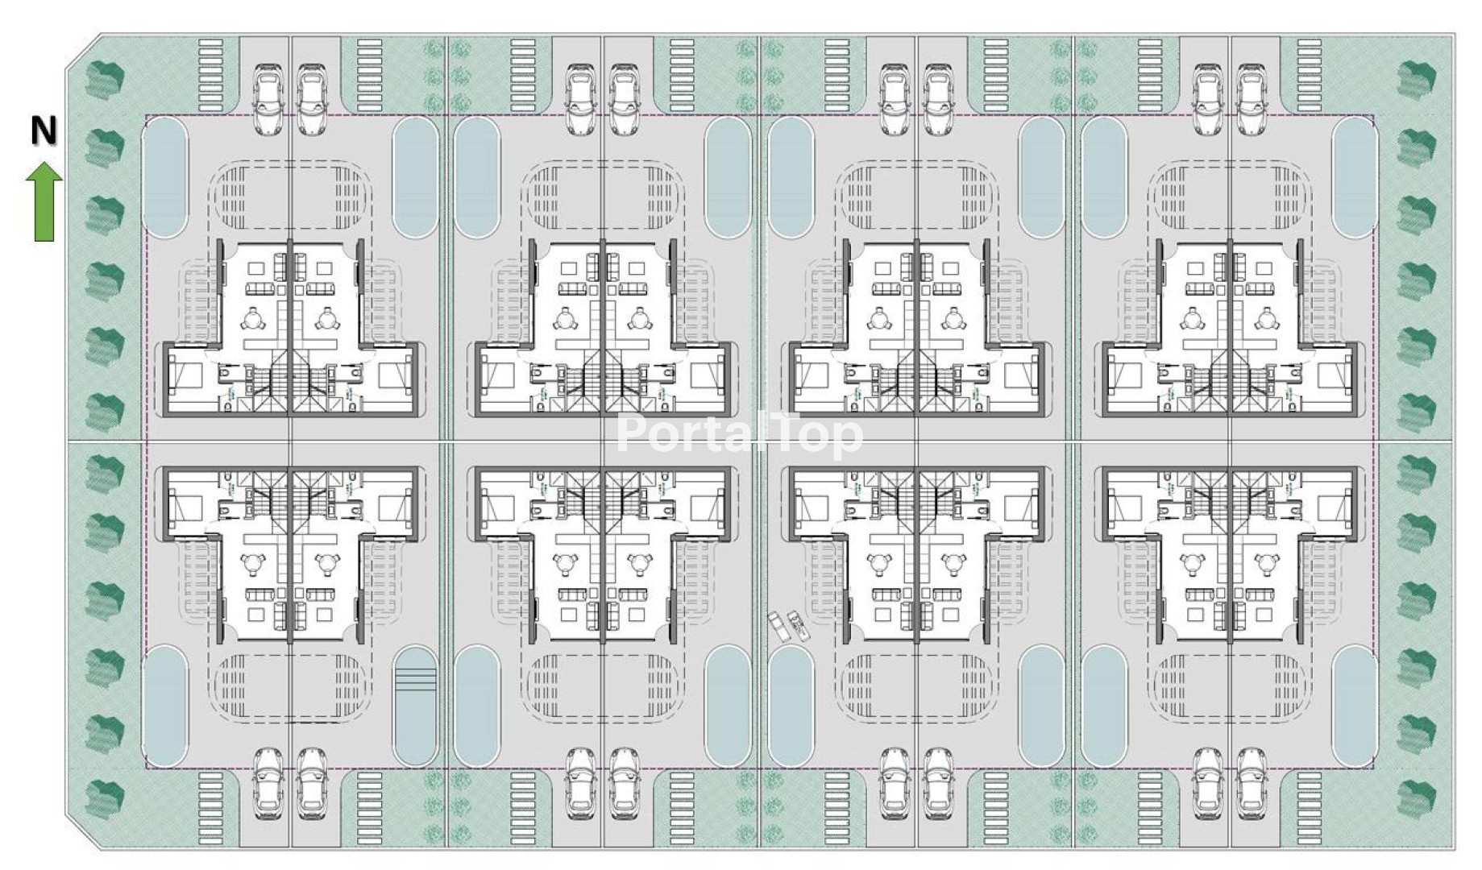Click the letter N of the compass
click(44, 131)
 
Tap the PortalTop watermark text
click(739, 435)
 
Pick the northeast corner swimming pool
click(1354, 178)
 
